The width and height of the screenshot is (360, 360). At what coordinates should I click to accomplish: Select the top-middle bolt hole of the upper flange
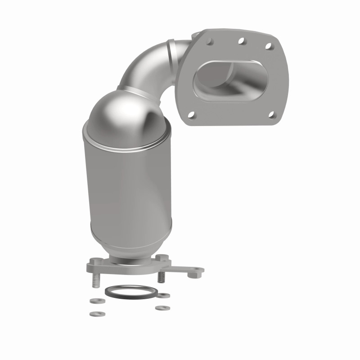pyautogui.click(x=242, y=41)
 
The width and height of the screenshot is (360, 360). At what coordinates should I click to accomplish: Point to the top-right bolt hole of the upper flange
pyautogui.click(x=268, y=46)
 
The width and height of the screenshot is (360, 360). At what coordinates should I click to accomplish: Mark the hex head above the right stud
pyautogui.click(x=163, y=258)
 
